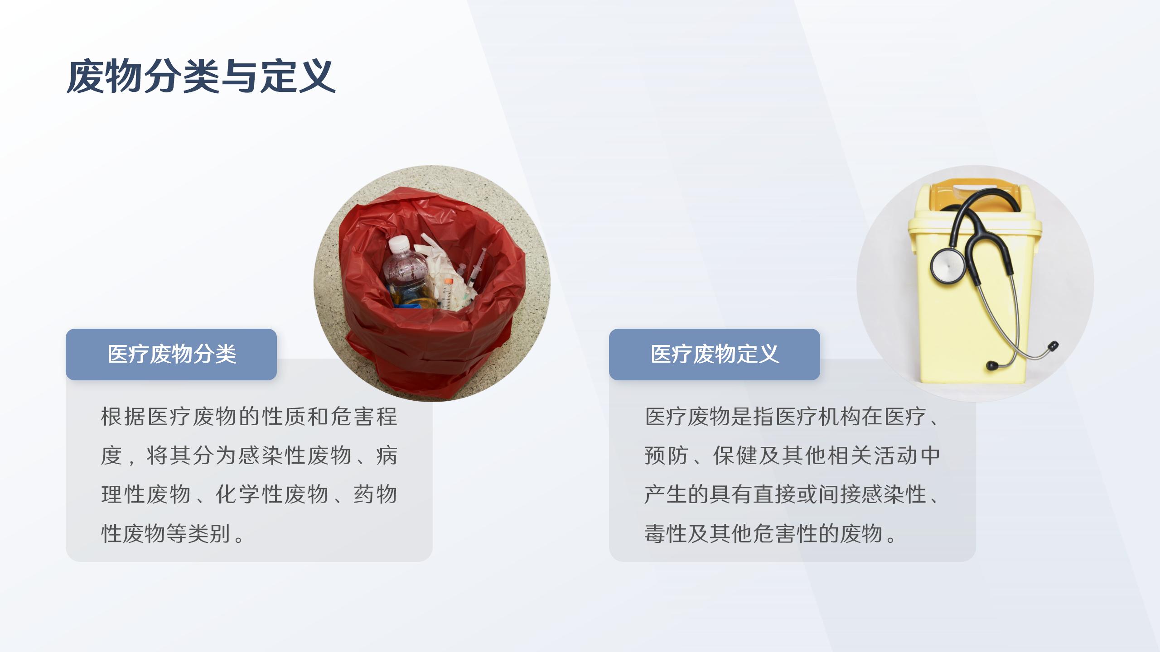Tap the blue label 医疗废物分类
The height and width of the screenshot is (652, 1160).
(171, 354)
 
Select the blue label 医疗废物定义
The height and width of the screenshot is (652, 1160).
(715, 354)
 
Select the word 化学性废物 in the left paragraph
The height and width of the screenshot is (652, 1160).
(272, 494)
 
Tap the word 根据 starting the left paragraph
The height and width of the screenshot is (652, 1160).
(123, 417)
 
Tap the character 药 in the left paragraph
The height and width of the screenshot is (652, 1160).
(364, 494)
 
